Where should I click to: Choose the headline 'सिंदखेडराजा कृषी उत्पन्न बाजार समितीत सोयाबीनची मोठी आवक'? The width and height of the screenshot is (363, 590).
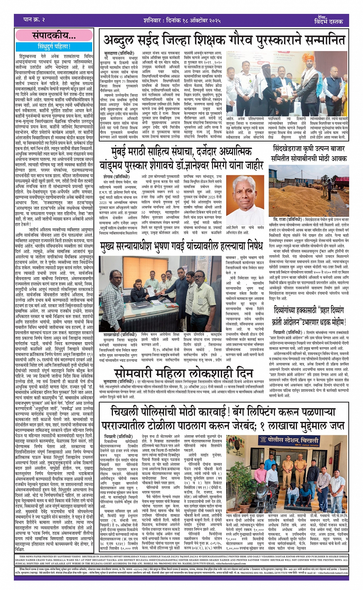click(309, 153)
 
